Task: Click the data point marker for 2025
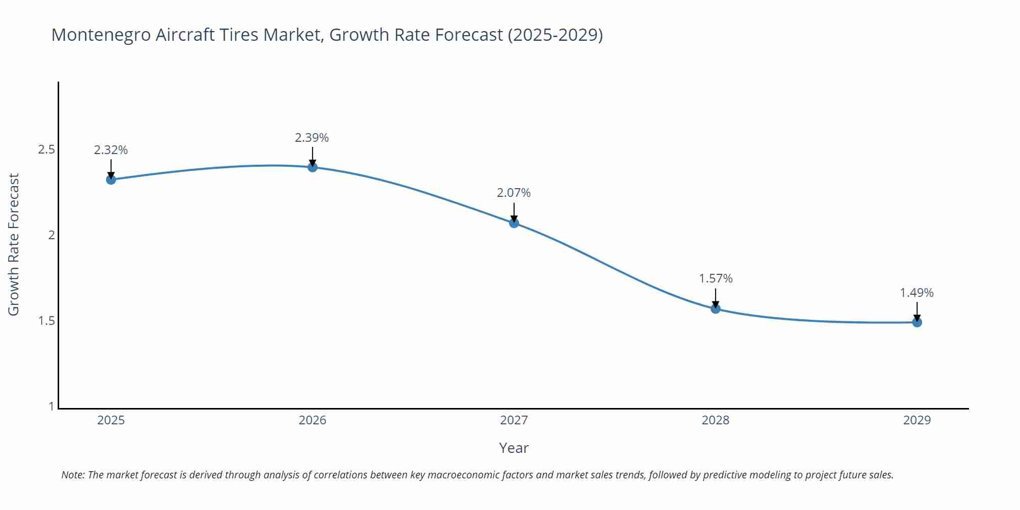coord(111,180)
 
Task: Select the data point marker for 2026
coord(313,167)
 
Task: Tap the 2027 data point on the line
coord(514,223)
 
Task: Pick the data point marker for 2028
coord(716,309)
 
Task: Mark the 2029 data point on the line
coord(917,322)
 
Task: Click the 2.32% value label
coord(111,150)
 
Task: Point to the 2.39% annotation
coord(312,138)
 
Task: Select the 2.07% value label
coord(514,193)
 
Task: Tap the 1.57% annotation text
coord(716,278)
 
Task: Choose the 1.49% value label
coord(916,293)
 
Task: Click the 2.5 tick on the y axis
coord(46,149)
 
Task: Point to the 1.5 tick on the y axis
coord(46,321)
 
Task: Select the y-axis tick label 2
coord(52,235)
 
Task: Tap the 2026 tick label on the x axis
coord(313,420)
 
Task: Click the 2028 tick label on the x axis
coord(716,420)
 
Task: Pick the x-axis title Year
coord(514,448)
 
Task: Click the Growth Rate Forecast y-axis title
coord(14,244)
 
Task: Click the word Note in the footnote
coord(72,475)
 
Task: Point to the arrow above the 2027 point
coord(514,212)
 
